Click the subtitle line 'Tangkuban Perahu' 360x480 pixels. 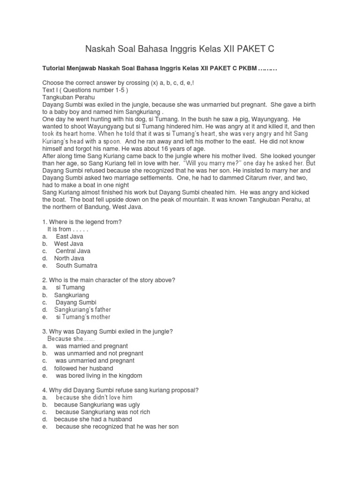coord(68,97)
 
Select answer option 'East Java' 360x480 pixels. coord(69,236)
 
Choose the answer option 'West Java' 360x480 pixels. coord(68,244)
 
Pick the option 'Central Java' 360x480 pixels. coord(73,251)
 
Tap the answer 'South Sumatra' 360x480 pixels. coord(77,265)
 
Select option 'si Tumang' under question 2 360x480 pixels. coord(70,287)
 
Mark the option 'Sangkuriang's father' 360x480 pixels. coord(82,309)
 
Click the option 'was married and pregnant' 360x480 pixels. coord(91,346)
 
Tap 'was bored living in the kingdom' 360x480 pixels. coord(99,375)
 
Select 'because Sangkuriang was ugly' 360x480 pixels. coord(97,405)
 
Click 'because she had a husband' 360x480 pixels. coord(93,419)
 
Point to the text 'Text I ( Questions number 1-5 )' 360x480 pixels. coord(85,90)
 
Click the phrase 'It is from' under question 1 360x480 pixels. coord(59,229)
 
